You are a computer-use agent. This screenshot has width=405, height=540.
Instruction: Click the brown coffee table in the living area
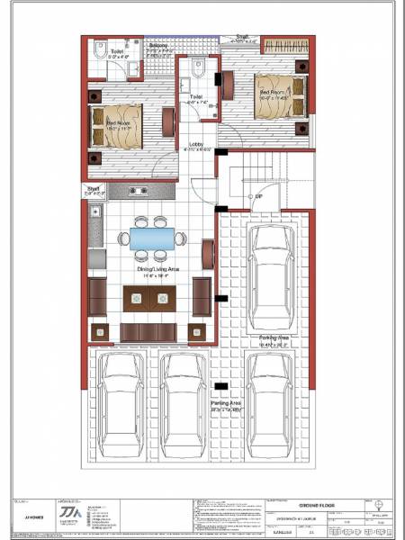[x=148, y=298]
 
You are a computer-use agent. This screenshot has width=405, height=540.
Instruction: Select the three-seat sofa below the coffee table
[x=148, y=332]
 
